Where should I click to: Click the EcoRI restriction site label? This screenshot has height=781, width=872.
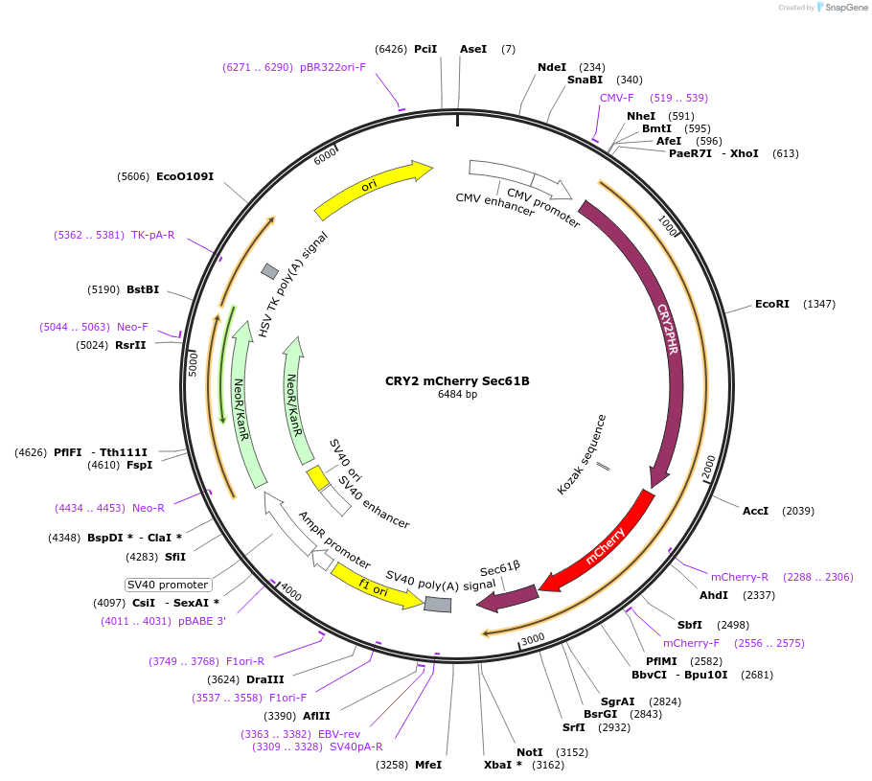(771, 304)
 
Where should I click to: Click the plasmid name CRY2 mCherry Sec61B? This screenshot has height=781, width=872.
(457, 380)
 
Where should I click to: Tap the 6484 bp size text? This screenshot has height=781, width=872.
(457, 394)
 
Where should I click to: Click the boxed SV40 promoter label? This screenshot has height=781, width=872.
(168, 585)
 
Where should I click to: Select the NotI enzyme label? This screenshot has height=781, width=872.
(529, 752)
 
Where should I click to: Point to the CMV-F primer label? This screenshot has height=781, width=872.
(616, 98)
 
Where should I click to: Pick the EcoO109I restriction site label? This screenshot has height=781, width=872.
(185, 176)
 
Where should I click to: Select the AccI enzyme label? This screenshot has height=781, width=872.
(755, 511)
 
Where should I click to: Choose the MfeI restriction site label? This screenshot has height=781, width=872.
(427, 765)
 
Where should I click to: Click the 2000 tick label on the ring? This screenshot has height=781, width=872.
(708, 467)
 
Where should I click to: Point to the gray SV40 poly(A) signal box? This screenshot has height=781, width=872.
(438, 604)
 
